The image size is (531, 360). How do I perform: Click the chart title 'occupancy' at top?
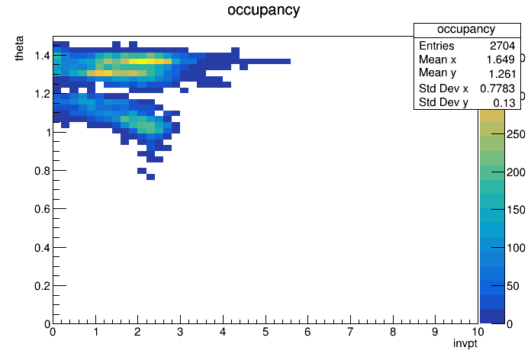263,10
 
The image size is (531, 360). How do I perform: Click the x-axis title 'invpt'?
465,343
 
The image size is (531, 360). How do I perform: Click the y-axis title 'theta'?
19,48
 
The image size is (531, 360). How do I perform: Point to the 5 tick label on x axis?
265,332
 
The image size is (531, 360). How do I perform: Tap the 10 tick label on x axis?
478,332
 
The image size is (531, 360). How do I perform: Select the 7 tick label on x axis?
350,332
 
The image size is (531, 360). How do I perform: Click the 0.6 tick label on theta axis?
42,209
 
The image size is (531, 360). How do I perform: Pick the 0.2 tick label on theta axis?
42,286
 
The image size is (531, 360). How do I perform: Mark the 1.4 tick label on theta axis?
42,56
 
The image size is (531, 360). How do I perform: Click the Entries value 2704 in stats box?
502,46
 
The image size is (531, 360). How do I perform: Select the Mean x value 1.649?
500,59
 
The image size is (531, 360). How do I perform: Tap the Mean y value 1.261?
502,74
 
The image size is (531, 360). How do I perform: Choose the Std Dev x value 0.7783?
497,88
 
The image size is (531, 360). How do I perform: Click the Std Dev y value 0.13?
504,103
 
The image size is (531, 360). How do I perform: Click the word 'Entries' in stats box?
436,46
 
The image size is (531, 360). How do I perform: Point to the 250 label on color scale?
516,134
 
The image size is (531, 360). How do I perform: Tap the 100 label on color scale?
516,248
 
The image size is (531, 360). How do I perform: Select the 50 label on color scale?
513,286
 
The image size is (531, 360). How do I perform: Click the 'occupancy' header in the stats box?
466,30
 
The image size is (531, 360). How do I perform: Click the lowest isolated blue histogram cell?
151,177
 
